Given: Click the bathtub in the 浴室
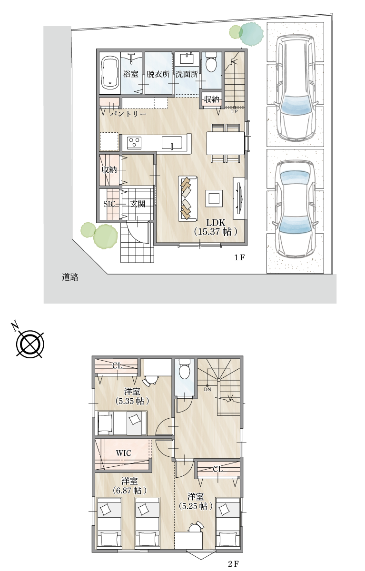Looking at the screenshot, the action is [110, 72].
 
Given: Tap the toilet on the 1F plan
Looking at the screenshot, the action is [211, 62].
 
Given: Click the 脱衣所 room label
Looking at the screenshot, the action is [158, 74].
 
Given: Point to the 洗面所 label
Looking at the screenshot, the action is [187, 74].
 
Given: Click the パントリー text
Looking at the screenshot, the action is [128, 114].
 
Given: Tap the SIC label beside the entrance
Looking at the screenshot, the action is [109, 204].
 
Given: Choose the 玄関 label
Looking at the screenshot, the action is [138, 204].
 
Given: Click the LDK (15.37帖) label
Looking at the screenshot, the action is [216, 227].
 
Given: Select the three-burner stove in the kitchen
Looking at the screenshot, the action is [134, 143].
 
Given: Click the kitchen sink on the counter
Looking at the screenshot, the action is [172, 143].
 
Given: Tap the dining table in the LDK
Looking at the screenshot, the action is [225, 143].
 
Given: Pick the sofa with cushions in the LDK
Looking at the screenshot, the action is [188, 198].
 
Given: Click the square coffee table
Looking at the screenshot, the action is [214, 198].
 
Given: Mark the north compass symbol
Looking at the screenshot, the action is [30, 343].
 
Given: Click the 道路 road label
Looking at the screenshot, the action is [70, 277].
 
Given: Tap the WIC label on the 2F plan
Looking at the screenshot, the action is [124, 453].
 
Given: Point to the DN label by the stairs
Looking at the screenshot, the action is [207, 390].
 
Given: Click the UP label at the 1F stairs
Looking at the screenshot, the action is [234, 111].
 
